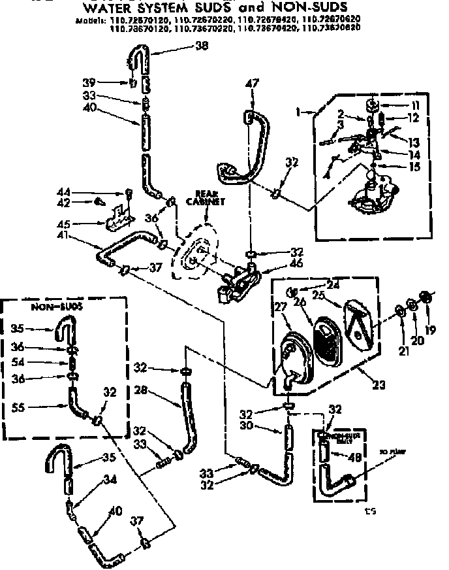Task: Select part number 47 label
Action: pyautogui.click(x=253, y=84)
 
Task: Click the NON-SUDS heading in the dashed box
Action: pyautogui.click(x=48, y=307)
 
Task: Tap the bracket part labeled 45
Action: pyautogui.click(x=120, y=216)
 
